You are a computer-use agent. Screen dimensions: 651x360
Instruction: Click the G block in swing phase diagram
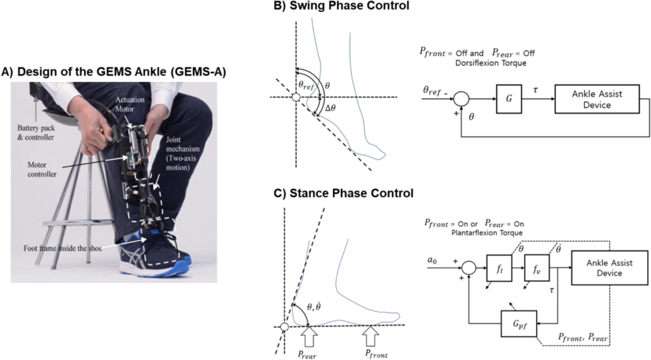click(x=509, y=99)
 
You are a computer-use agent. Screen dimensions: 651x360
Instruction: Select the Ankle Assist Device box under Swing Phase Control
click(x=597, y=99)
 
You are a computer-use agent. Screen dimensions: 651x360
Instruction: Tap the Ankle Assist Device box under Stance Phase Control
click(x=610, y=268)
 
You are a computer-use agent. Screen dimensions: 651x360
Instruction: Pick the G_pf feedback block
click(x=519, y=324)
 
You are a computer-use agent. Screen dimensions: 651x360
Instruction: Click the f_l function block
click(x=499, y=268)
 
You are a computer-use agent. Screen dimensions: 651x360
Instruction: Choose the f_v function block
click(x=537, y=268)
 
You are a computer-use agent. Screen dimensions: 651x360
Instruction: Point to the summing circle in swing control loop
click(x=462, y=99)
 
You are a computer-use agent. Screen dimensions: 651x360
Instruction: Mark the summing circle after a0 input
click(x=469, y=268)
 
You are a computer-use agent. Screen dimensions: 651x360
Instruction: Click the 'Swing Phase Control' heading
click(x=341, y=6)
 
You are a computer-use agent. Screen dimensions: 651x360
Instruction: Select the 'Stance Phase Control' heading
click(x=344, y=193)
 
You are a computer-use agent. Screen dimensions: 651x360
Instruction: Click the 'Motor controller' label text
click(x=42, y=169)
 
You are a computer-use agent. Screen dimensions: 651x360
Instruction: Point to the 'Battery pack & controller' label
click(x=36, y=132)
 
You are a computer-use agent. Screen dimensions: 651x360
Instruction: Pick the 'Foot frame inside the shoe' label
click(x=62, y=248)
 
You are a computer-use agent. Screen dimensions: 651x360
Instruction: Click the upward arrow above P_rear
click(x=308, y=336)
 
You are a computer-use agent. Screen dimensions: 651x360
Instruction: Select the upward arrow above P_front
click(x=371, y=336)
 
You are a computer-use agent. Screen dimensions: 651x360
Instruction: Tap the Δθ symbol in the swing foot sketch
click(x=331, y=108)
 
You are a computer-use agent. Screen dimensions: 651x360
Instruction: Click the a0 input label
click(x=432, y=260)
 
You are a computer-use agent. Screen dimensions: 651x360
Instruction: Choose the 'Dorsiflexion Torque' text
click(x=491, y=63)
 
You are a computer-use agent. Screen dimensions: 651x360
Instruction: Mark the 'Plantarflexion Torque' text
click(x=487, y=233)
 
